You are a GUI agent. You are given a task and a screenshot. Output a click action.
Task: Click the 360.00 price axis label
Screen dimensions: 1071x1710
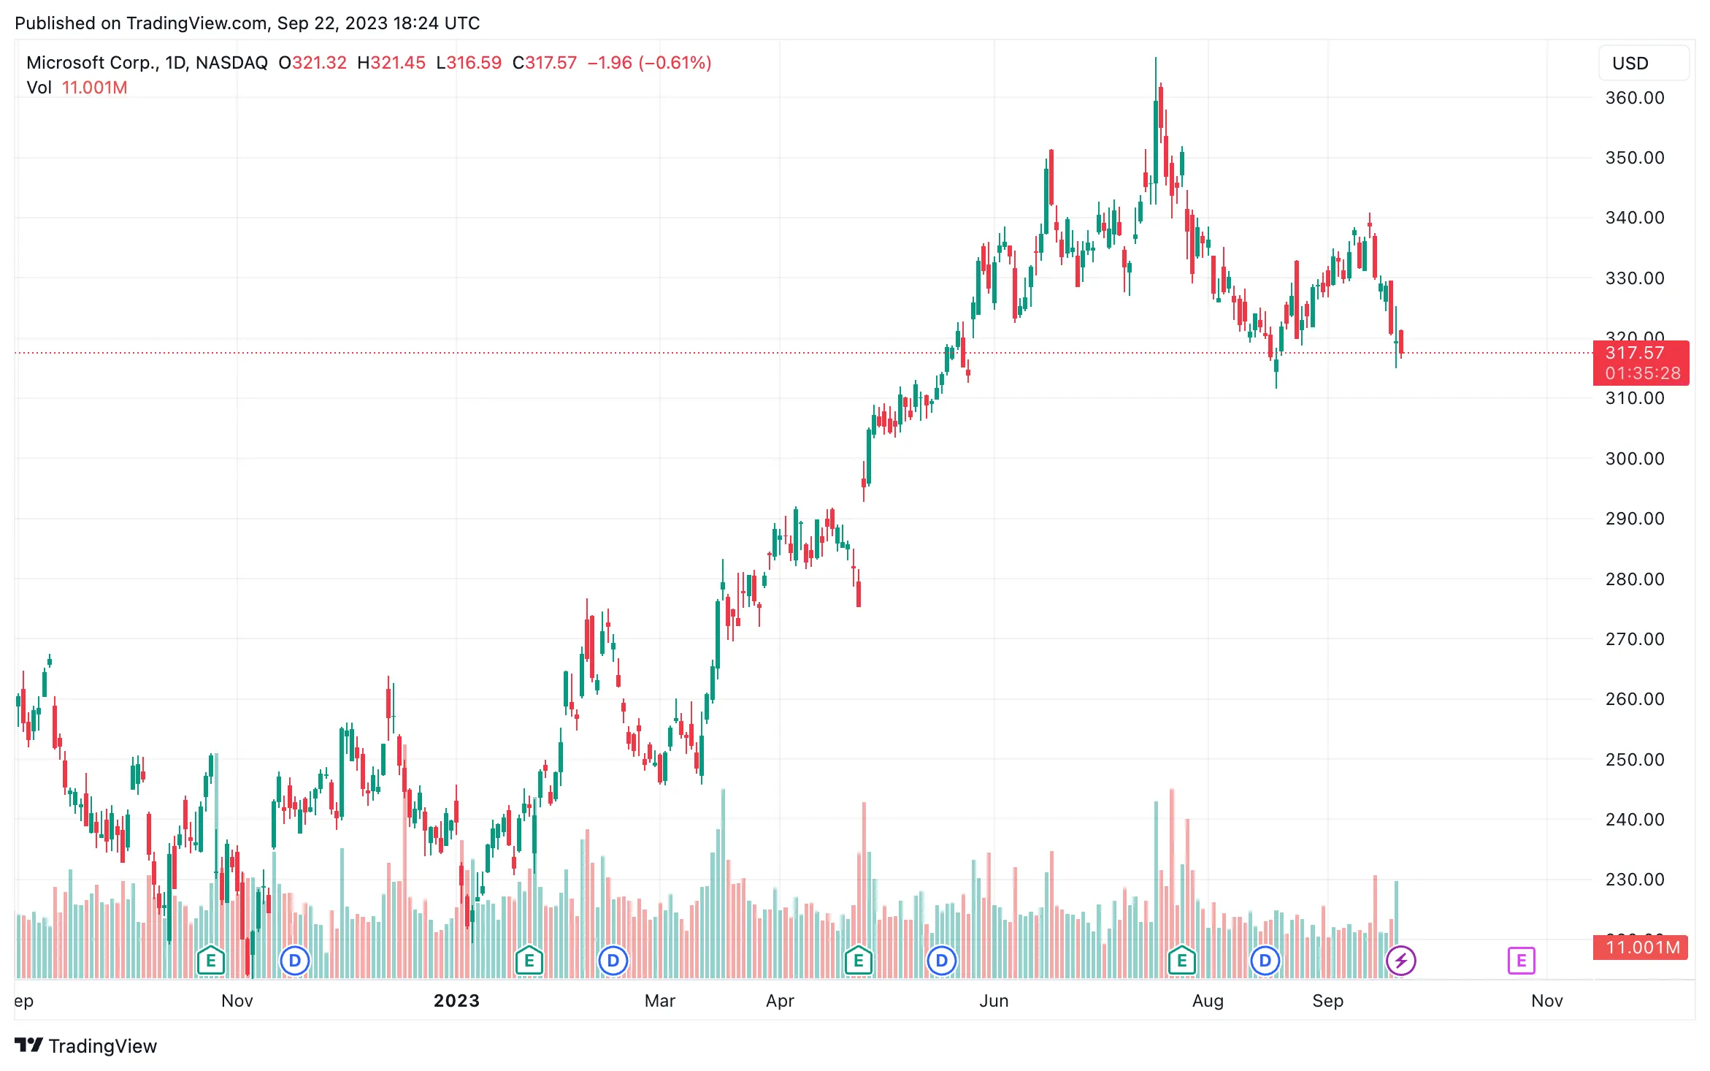tap(1634, 98)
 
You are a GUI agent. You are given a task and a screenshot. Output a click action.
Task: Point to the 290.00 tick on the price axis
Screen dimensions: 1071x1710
tap(1634, 519)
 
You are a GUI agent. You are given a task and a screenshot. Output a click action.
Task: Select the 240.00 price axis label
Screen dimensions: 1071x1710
tap(1634, 820)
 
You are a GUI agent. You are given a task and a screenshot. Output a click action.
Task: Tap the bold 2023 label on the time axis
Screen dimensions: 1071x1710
tap(456, 1001)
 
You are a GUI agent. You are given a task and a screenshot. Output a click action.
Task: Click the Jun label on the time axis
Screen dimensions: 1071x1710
tap(994, 1001)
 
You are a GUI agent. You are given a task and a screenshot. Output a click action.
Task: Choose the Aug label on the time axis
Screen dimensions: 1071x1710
tap(1208, 1001)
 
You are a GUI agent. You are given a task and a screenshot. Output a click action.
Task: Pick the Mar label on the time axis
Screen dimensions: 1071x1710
tap(659, 1001)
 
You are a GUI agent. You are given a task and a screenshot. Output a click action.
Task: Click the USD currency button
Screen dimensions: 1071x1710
tap(1643, 64)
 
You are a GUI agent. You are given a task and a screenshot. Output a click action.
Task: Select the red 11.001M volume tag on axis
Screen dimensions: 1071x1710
tap(1641, 948)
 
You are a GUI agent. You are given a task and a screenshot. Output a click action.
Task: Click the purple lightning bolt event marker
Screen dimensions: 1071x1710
tap(1400, 961)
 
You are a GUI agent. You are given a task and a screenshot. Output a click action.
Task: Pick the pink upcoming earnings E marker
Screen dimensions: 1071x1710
tap(1521, 961)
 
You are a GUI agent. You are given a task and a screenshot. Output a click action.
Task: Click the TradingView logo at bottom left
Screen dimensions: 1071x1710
tap(86, 1046)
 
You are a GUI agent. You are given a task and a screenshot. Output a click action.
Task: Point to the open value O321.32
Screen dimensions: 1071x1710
tap(313, 63)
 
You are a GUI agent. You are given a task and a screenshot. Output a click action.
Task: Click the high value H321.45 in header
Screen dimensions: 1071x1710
tap(391, 63)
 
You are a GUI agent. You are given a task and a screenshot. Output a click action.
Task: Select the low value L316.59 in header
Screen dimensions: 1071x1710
tap(469, 63)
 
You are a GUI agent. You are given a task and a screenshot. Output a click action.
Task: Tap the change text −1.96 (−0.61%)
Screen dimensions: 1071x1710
tap(649, 63)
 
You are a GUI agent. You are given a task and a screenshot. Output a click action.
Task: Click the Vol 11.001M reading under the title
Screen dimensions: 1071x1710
tap(77, 88)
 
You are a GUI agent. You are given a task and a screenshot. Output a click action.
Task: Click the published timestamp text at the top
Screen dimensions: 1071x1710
tap(247, 23)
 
